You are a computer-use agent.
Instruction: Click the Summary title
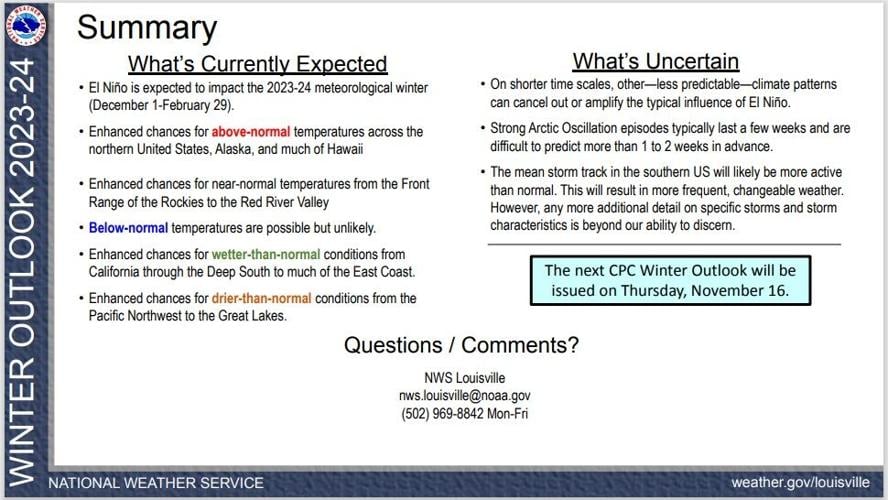pyautogui.click(x=146, y=28)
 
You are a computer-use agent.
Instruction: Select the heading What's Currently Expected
pyautogui.click(x=257, y=64)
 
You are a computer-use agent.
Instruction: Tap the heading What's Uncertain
pyautogui.click(x=655, y=61)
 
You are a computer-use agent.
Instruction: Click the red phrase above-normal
pyautogui.click(x=247, y=132)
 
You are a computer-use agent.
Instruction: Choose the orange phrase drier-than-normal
pyautogui.click(x=261, y=298)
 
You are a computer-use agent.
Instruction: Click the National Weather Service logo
pyautogui.click(x=26, y=25)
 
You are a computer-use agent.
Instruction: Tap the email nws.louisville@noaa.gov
pyautogui.click(x=464, y=396)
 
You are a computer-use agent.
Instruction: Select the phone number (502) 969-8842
pyautogui.click(x=447, y=413)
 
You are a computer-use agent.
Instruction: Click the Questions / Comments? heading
pyautogui.click(x=461, y=346)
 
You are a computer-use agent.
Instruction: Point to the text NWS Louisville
pyautogui.click(x=464, y=378)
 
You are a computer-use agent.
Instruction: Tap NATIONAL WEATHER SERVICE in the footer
pyautogui.click(x=156, y=483)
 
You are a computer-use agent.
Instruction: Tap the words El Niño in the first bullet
pyautogui.click(x=110, y=88)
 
